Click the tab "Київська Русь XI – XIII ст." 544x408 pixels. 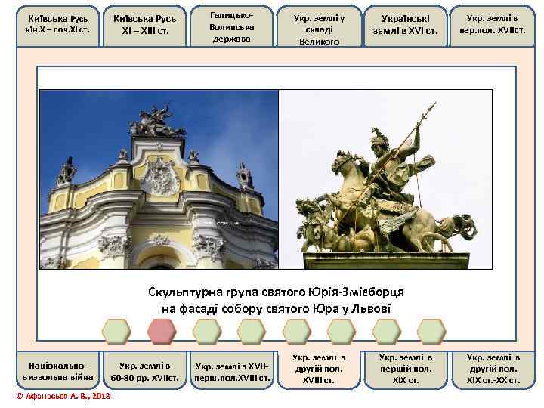[143, 26]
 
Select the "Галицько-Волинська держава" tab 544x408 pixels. [230, 26]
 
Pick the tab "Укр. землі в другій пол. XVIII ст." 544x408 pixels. [318, 368]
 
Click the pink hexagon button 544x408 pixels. [160, 330]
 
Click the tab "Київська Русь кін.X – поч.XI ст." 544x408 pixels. [57, 26]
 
